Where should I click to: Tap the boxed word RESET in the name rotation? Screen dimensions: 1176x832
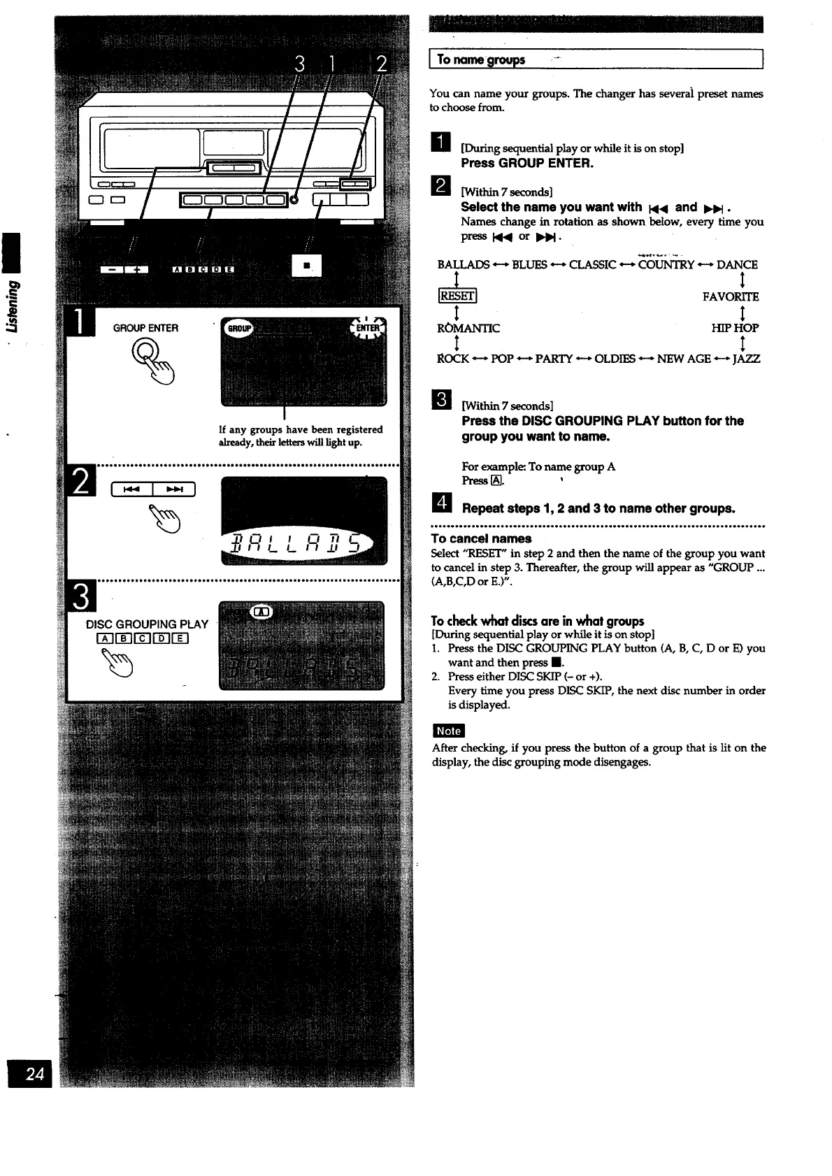(457, 296)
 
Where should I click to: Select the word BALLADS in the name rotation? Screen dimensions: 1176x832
(464, 264)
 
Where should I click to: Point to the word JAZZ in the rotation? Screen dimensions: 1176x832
(745, 359)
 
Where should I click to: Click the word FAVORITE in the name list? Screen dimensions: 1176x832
(731, 296)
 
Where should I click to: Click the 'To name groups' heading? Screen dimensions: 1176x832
(481, 60)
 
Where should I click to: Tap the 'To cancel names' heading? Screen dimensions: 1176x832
(481, 538)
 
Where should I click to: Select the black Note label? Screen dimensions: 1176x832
(448, 731)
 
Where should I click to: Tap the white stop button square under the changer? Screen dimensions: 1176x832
(306, 265)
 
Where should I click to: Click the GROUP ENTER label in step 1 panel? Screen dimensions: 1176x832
(146, 328)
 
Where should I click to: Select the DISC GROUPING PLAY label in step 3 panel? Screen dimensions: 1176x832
(147, 624)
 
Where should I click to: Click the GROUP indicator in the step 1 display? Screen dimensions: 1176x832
(238, 329)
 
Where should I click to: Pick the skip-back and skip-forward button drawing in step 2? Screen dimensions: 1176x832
(152, 489)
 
